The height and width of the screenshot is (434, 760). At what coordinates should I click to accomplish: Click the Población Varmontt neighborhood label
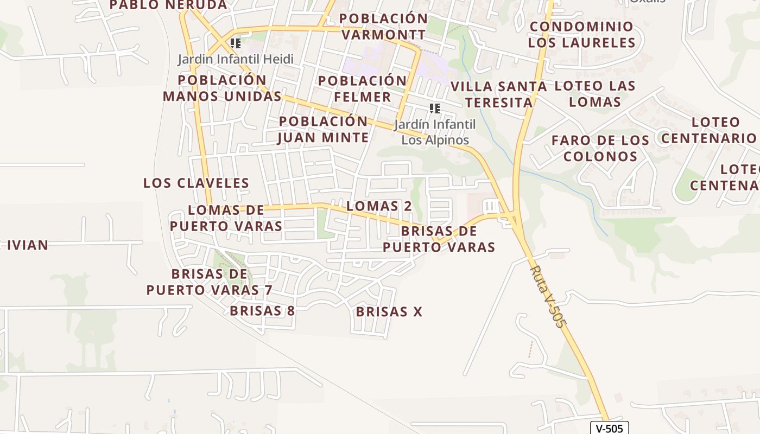click(383, 27)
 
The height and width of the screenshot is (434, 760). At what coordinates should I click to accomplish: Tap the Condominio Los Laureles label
click(581, 34)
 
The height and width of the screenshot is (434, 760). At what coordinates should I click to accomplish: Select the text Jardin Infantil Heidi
click(236, 59)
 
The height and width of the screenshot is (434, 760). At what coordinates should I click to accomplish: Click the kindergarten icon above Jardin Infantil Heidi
click(236, 43)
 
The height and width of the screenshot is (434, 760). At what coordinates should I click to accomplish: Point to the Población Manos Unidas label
click(222, 88)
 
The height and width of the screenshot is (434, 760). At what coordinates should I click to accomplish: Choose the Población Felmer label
click(362, 89)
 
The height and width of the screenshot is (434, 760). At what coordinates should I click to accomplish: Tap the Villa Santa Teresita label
click(498, 94)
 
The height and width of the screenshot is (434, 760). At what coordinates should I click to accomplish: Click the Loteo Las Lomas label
click(595, 93)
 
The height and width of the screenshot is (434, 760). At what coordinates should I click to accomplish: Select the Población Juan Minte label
click(324, 129)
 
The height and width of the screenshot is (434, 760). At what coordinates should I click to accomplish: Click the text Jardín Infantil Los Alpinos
click(435, 132)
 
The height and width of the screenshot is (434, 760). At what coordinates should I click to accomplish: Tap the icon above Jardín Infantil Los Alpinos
click(435, 108)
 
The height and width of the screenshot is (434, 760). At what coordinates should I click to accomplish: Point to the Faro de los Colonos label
click(600, 148)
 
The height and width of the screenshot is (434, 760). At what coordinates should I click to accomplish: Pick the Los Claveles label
click(196, 183)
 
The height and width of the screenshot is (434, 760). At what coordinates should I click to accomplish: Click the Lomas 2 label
click(379, 206)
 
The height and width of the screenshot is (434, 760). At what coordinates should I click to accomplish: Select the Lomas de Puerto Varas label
click(226, 218)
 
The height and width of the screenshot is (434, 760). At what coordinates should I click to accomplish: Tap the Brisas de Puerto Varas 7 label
click(209, 282)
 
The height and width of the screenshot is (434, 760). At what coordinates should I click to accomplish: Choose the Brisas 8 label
click(262, 311)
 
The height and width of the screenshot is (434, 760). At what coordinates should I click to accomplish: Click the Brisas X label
click(389, 312)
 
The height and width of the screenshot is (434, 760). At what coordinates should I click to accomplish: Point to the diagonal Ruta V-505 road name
click(547, 296)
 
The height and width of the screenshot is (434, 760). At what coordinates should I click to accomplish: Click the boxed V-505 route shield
click(610, 428)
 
